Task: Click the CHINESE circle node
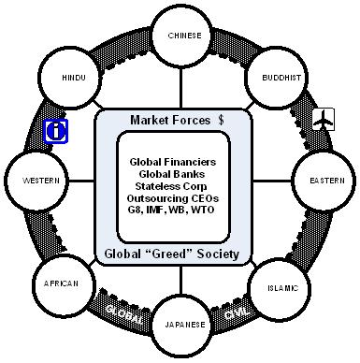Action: tap(183, 36)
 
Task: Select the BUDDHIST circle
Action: tap(278, 78)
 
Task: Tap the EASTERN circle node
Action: tap(324, 181)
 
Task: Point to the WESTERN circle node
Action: tap(36, 181)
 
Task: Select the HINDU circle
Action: tap(70, 78)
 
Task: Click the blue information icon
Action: tap(56, 131)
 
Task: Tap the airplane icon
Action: tap(324, 119)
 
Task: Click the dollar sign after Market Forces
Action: tap(221, 120)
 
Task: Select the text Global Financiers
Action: tap(173, 162)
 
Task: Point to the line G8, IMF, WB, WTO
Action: tap(171, 210)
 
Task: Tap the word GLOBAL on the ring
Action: tap(124, 314)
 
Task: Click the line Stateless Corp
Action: tap(171, 186)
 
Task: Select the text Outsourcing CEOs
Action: tap(173, 198)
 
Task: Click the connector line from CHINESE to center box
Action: tap(180, 88)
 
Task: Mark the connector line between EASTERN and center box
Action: tap(272, 181)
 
